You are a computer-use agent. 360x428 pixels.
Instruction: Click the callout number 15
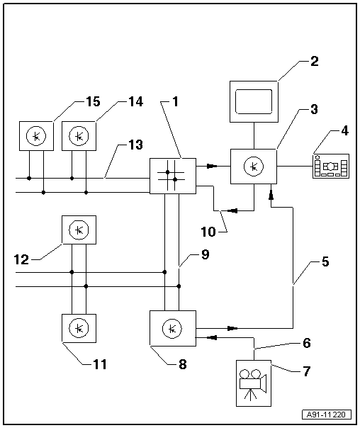(x=94, y=101)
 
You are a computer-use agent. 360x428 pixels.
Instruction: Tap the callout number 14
(x=136, y=101)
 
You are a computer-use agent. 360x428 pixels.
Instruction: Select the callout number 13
(x=135, y=145)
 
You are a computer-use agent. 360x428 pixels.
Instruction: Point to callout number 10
(x=208, y=232)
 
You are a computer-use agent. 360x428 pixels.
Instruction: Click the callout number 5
(x=325, y=261)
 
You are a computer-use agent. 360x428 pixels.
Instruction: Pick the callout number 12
(x=21, y=259)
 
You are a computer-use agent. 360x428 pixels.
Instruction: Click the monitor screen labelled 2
(x=254, y=101)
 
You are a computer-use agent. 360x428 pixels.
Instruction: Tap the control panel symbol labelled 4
(x=331, y=166)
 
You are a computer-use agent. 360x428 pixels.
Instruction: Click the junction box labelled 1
(x=173, y=176)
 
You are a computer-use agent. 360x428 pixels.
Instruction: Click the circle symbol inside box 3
(x=254, y=167)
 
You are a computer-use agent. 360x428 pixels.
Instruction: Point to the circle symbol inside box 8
(x=172, y=329)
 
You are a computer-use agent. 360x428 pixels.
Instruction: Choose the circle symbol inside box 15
(x=36, y=136)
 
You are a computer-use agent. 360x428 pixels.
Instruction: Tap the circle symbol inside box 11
(x=79, y=328)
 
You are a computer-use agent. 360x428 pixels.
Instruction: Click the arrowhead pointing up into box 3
(x=271, y=195)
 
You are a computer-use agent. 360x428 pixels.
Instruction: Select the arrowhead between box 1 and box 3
(x=213, y=166)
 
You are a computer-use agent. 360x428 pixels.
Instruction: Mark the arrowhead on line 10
(x=232, y=210)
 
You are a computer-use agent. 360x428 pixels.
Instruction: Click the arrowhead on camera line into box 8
(x=212, y=337)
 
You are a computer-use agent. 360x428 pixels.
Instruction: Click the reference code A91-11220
(x=327, y=415)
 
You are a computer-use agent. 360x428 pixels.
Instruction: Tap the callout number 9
(x=205, y=254)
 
